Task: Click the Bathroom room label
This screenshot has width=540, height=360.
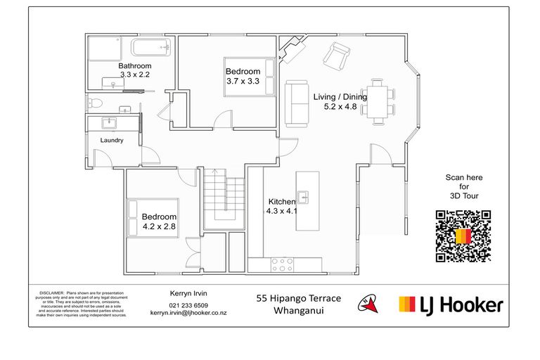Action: point(135,66)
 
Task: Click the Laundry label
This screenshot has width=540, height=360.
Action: point(112,141)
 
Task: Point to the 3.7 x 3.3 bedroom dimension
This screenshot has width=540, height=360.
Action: point(243,82)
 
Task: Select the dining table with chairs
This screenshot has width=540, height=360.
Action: point(379,102)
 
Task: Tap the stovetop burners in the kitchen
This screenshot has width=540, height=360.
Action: point(282,264)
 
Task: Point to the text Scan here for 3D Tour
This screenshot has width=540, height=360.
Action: point(464,186)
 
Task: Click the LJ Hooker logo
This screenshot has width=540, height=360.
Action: point(451,304)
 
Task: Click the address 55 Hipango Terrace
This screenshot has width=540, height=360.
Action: point(298,299)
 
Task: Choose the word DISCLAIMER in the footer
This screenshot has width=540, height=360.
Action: point(51,291)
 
